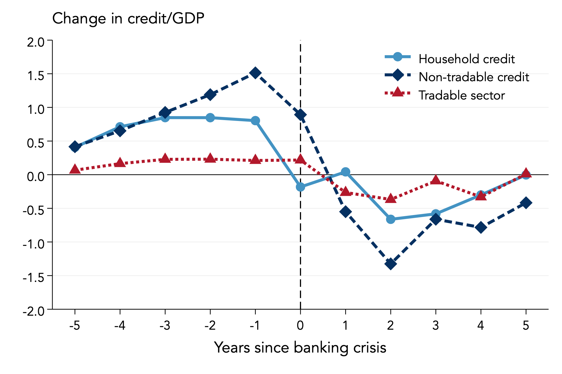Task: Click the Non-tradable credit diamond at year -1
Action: click(x=255, y=73)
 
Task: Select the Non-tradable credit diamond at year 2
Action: click(x=390, y=263)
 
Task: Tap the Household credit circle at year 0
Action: click(x=300, y=187)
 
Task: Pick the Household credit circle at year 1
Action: click(x=345, y=172)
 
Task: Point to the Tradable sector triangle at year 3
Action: click(x=436, y=180)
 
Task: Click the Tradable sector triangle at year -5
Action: click(x=75, y=169)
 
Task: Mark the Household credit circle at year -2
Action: click(x=210, y=118)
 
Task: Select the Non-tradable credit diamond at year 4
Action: click(x=481, y=227)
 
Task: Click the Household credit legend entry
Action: click(x=466, y=59)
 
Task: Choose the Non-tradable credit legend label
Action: click(x=473, y=77)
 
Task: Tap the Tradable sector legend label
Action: click(x=461, y=96)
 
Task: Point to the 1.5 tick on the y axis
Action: click(x=36, y=76)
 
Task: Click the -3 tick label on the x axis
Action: click(x=165, y=325)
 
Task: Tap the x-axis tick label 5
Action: click(x=526, y=325)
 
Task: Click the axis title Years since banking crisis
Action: click(x=300, y=348)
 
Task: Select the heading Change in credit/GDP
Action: click(x=128, y=19)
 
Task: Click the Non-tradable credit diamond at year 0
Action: click(x=300, y=115)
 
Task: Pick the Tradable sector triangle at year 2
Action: click(x=390, y=198)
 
